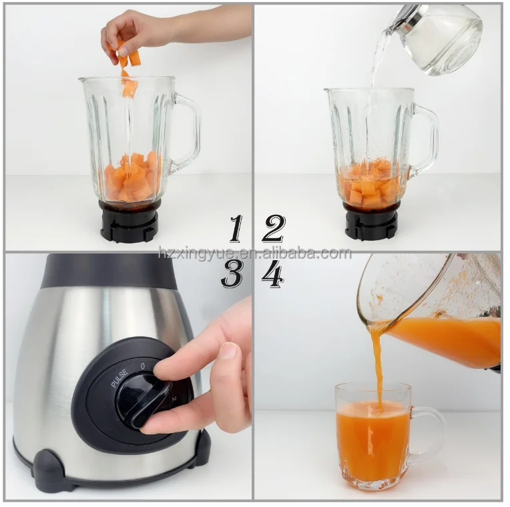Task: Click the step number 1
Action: tap(236, 229)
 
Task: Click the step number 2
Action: tap(273, 229)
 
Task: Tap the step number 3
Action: tap(232, 274)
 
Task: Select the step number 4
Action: tap(272, 274)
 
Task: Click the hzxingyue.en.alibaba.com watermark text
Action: tap(254, 253)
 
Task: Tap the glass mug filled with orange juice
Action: tap(372, 437)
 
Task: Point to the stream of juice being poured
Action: tap(378, 364)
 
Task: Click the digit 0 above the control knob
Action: tap(142, 366)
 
